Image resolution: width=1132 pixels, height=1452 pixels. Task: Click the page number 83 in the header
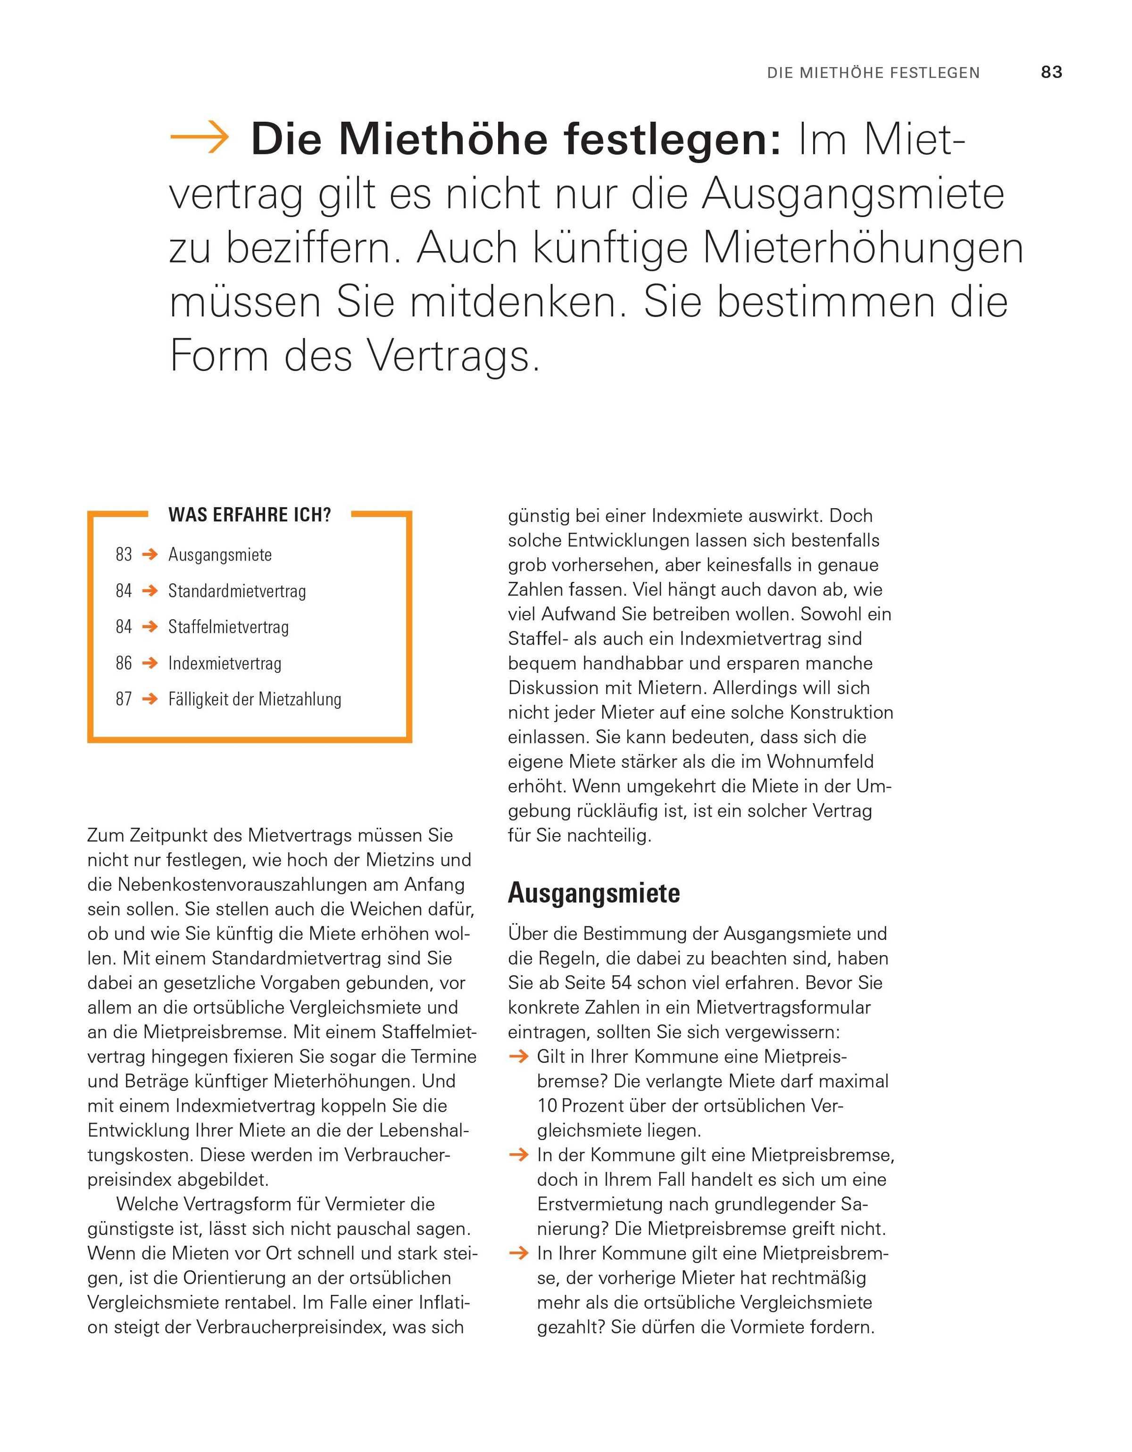point(1051,73)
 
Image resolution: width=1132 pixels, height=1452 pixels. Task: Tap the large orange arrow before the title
point(200,138)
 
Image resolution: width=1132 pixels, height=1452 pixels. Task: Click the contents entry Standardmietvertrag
point(237,591)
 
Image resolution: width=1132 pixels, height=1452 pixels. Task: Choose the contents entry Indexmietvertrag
point(225,663)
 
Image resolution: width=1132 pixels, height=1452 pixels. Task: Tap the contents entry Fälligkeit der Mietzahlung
point(255,699)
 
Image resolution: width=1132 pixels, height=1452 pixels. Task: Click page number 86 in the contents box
point(124,663)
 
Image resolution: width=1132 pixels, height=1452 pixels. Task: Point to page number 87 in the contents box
point(124,699)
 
